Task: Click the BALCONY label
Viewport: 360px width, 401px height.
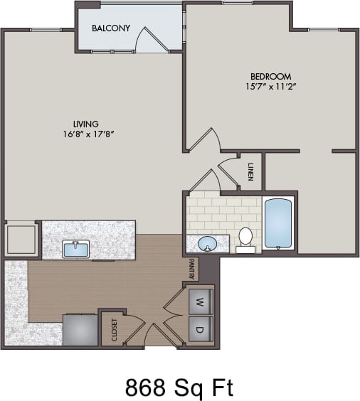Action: pos(111,28)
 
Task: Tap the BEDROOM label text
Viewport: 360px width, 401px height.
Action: pos(270,76)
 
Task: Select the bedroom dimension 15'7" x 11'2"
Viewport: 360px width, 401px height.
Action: pos(270,87)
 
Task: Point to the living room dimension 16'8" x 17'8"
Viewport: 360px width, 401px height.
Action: pos(90,134)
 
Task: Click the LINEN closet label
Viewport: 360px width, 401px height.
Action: pos(251,171)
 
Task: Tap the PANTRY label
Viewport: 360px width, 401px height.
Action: pos(191,269)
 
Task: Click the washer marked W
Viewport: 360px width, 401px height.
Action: pos(200,301)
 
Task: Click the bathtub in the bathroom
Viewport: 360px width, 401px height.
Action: pos(278,224)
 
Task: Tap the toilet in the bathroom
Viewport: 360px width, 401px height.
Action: pos(245,239)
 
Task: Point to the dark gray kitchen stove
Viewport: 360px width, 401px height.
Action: pos(80,329)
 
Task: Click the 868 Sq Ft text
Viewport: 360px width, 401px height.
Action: pos(179,387)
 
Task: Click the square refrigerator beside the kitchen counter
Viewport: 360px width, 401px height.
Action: pos(21,239)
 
